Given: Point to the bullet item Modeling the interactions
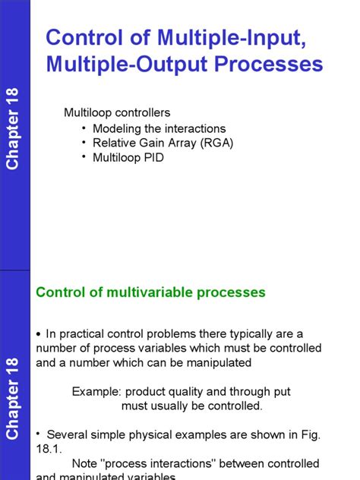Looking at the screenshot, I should click(159, 128).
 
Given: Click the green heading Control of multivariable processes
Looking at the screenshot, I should click(151, 292).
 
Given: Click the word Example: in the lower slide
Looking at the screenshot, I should click(97, 391).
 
